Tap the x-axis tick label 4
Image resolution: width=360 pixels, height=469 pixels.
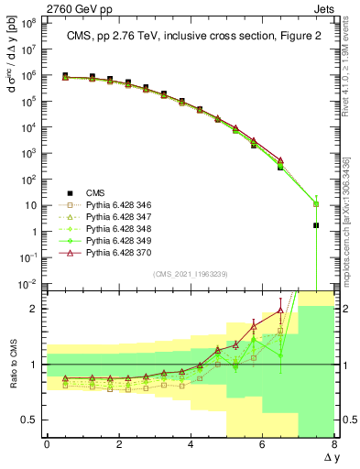click(191, 445)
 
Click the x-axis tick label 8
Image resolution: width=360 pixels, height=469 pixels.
click(334, 445)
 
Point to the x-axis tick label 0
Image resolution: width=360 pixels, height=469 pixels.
click(47, 445)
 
